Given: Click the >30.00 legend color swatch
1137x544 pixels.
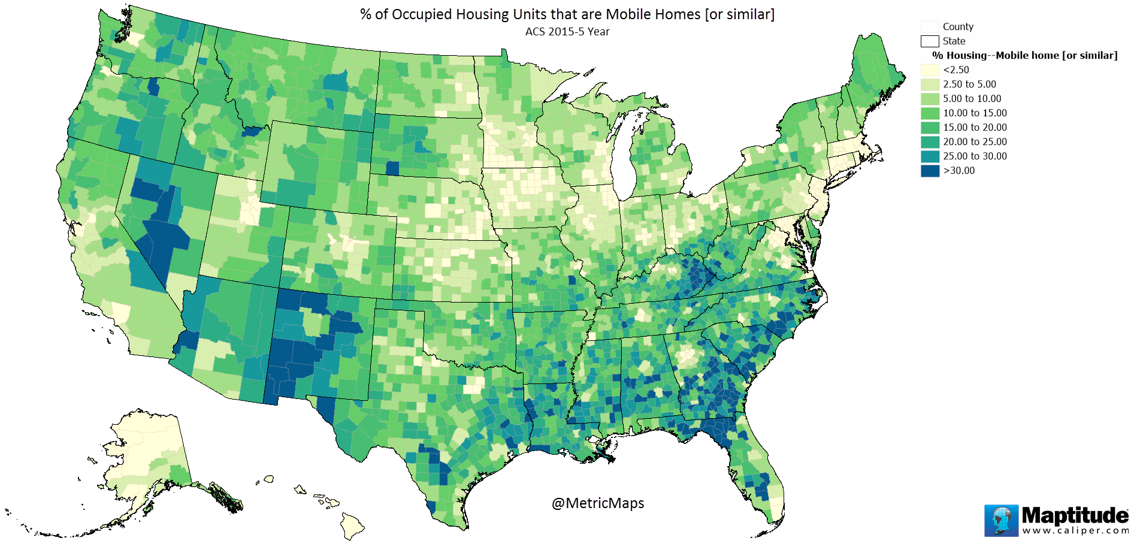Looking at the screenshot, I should (x=930, y=171).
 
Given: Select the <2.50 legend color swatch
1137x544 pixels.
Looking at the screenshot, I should (x=930, y=70).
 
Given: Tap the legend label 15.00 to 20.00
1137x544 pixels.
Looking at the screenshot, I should (x=975, y=128).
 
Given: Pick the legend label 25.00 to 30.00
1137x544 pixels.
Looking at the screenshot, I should (x=975, y=156).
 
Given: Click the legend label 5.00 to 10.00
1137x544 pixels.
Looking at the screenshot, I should (x=972, y=99).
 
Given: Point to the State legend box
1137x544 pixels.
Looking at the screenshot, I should (x=930, y=41).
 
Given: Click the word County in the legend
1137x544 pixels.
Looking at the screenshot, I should (x=958, y=27).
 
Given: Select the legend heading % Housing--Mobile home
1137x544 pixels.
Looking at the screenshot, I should (x=1024, y=56).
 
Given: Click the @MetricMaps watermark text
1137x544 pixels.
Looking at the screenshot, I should (x=598, y=503).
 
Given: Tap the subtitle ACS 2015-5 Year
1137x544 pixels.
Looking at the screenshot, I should (x=567, y=32).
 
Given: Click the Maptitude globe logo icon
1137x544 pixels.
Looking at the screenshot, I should (x=1001, y=520).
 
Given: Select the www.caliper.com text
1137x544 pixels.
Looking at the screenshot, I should (x=1075, y=531).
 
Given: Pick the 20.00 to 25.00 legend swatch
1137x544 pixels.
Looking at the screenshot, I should (x=930, y=142).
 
